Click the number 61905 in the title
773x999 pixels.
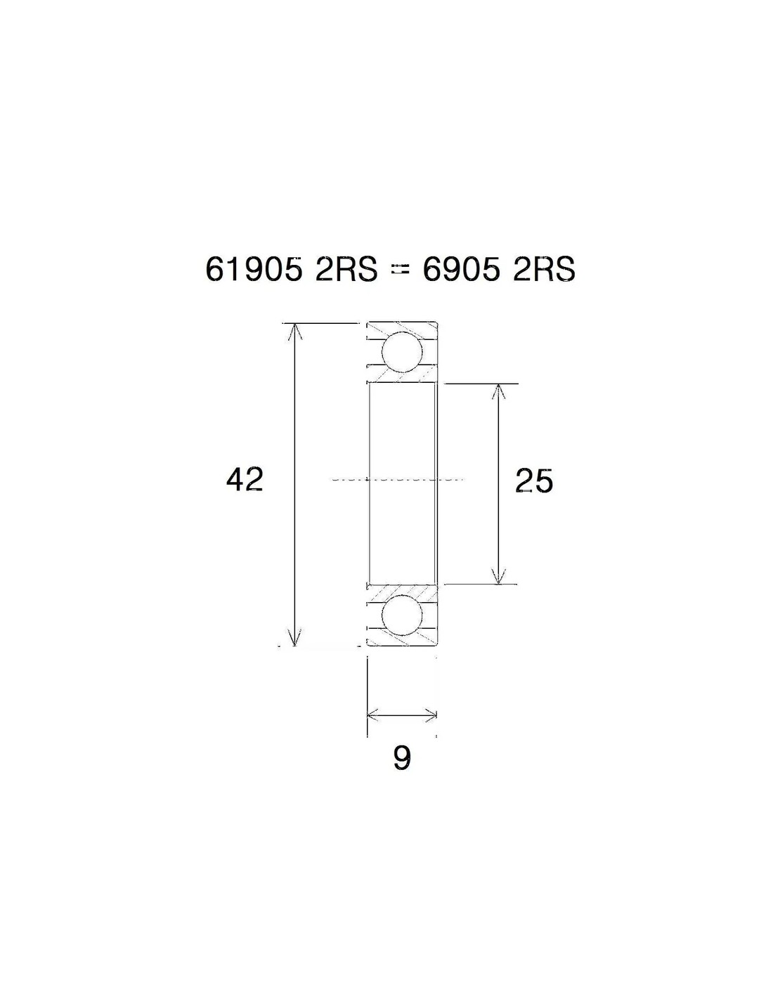click(253, 268)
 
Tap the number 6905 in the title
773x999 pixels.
click(461, 268)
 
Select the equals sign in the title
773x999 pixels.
click(400, 270)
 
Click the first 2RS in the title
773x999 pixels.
click(346, 268)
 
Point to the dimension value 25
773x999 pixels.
click(534, 481)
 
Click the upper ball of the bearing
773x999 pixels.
click(402, 352)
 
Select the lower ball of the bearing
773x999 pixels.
click(402, 617)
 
